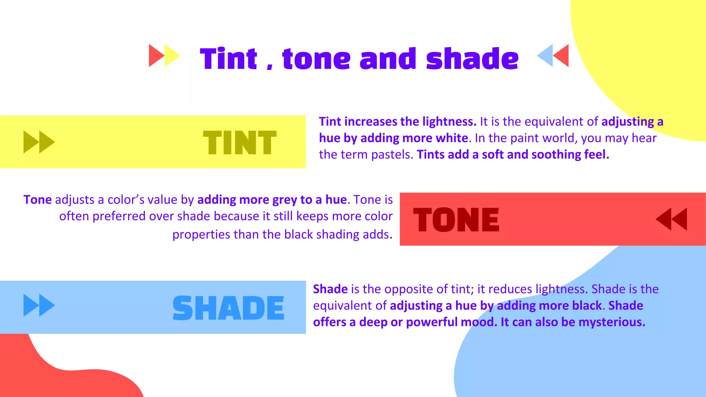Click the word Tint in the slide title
[228, 59]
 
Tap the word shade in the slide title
[472, 59]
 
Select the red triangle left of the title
[155, 55]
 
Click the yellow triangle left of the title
[171, 55]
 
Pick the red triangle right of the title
[562, 55]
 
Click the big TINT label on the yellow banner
[240, 143]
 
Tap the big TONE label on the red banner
[456, 220]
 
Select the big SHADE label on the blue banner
[228, 308]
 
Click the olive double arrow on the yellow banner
[39, 142]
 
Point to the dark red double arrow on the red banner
[671, 219]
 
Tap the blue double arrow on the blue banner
[39, 305]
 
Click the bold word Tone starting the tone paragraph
[37, 200]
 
